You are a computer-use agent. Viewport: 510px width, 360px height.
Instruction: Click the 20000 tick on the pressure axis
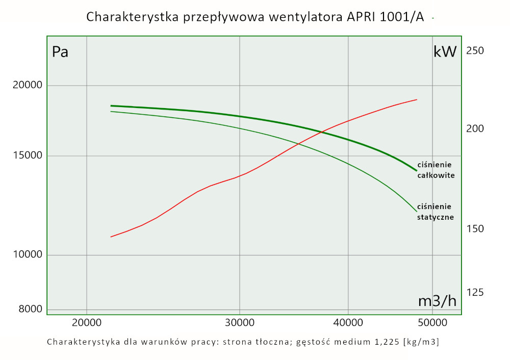[x=27, y=85]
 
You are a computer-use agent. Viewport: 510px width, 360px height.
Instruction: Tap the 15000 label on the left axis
[x=27, y=156]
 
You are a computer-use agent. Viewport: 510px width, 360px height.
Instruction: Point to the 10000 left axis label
[x=27, y=255]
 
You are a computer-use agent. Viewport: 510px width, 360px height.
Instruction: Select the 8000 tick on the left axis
[x=30, y=309]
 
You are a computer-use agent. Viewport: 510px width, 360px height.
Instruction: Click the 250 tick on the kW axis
[x=475, y=50]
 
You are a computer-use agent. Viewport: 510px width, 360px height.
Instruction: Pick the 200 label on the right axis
[x=475, y=128]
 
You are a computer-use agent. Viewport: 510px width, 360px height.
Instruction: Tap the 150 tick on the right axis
[x=475, y=228]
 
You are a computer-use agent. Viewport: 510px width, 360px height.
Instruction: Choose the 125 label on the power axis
[x=475, y=292]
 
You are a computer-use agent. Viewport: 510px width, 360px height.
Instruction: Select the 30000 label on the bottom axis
[x=240, y=322]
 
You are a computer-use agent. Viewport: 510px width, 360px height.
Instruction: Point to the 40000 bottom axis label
[x=348, y=322]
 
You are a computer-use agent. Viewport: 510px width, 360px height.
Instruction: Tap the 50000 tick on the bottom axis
[x=432, y=322]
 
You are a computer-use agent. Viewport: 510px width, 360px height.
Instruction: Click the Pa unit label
[x=60, y=52]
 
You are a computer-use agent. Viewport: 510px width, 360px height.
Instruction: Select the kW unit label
[x=445, y=52]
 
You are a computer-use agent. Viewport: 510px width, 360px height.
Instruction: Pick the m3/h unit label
[x=437, y=301]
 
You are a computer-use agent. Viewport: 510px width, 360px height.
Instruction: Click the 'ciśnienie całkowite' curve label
[x=436, y=170]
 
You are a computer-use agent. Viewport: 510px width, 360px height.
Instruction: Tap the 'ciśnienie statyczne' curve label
[x=436, y=212]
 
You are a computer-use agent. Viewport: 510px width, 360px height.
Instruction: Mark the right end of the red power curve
[x=417, y=99]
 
